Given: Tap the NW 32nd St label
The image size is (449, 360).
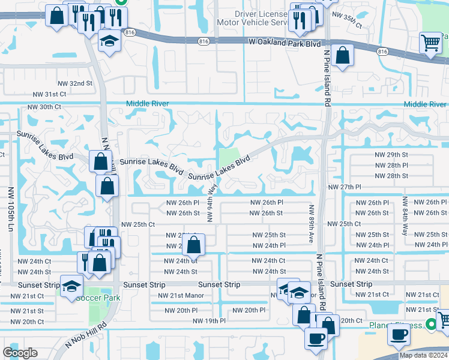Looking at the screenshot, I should (75, 83).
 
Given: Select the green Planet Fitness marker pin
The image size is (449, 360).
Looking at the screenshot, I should (430, 325).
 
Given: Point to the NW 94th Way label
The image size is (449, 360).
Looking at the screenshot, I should (211, 202).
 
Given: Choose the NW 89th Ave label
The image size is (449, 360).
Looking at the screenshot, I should (311, 223).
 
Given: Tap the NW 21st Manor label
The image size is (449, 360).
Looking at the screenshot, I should (181, 295).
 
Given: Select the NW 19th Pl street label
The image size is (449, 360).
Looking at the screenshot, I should (209, 321).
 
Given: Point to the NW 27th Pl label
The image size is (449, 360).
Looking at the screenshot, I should (344, 187).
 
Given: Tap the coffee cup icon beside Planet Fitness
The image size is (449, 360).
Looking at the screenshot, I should (399, 335).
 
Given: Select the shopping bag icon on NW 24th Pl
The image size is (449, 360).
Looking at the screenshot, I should (193, 244).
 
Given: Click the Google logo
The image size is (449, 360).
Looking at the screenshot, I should (20, 353).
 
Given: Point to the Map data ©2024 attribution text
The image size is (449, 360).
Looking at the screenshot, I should (423, 355).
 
